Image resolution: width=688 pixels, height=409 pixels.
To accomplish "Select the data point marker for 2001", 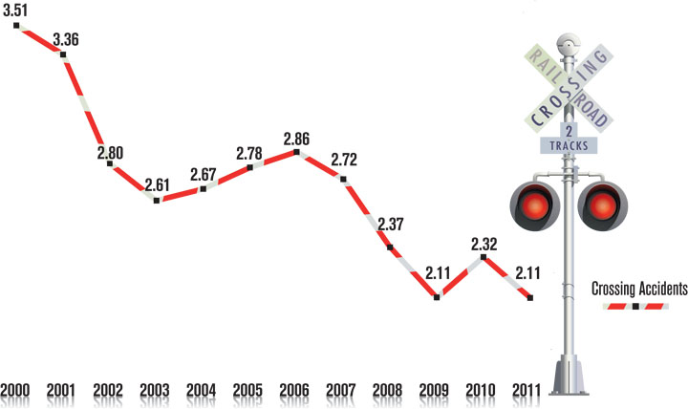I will point(63,55).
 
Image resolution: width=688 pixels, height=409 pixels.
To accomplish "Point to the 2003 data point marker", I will point(157,201).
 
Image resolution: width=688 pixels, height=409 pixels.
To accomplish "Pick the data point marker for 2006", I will point(296,152).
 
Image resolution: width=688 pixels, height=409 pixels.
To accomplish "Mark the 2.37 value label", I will point(392,226).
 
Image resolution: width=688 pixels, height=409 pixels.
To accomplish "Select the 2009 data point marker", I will point(437,297).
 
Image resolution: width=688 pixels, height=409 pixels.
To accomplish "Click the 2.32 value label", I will point(484,245).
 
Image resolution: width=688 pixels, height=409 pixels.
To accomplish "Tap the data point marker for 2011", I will point(530,297).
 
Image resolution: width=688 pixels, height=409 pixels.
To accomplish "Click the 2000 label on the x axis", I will point(16,391).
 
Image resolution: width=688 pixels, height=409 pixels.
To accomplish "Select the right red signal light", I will point(603,205).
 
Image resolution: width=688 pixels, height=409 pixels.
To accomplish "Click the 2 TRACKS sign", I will point(570,140).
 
